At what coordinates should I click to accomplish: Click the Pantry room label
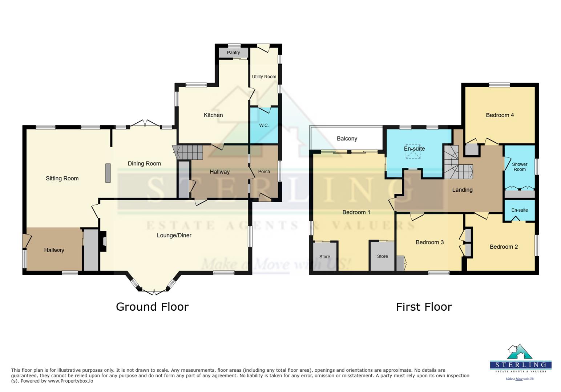click(x=233, y=53)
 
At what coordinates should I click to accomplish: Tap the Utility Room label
click(x=264, y=77)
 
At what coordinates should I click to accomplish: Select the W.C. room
click(x=264, y=125)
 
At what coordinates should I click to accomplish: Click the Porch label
click(x=264, y=172)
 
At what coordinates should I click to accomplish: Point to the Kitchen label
click(x=213, y=115)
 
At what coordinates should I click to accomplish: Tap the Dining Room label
click(x=144, y=164)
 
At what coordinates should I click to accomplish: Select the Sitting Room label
click(x=62, y=179)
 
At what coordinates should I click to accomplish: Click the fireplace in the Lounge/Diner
click(x=104, y=242)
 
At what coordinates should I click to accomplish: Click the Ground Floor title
click(x=152, y=307)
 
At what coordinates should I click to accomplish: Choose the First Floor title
click(x=424, y=307)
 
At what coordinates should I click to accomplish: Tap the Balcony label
click(x=347, y=139)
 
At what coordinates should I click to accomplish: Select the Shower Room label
click(x=520, y=167)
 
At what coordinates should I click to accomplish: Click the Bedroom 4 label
click(x=500, y=115)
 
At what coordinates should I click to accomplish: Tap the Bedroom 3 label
click(x=429, y=242)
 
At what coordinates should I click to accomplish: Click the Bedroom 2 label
click(x=504, y=247)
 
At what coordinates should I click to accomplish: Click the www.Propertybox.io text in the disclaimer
click(x=70, y=381)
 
